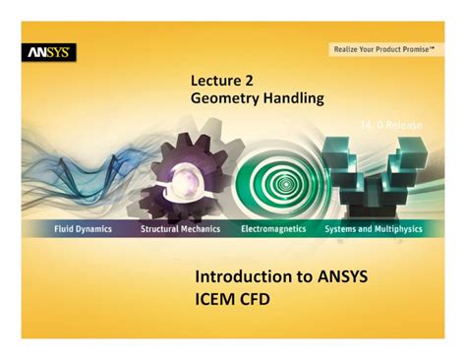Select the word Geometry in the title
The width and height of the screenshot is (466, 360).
point(225,99)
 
